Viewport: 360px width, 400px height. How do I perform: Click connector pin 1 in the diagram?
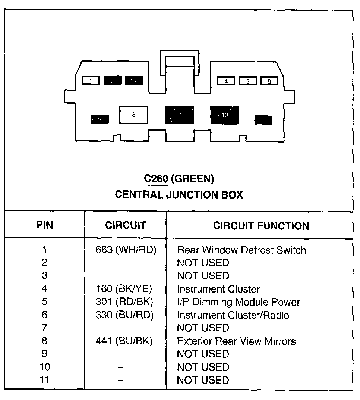click(91, 80)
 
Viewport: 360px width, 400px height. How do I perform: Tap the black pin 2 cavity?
click(113, 80)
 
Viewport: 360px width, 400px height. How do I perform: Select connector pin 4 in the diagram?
click(226, 81)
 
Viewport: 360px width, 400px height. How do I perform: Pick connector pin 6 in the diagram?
click(269, 81)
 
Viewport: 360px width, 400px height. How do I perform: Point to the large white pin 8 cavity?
click(133, 115)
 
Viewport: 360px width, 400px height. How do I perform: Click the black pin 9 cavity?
click(180, 115)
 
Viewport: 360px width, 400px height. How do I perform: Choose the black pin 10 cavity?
click(225, 115)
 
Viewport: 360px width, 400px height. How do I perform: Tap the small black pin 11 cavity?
click(263, 120)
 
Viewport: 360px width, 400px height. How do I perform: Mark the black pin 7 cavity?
click(100, 119)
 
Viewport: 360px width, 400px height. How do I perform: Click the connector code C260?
click(156, 179)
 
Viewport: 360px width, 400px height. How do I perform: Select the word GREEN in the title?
click(192, 179)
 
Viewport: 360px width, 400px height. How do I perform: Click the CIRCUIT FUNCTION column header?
click(261, 226)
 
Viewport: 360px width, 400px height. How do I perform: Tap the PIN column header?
click(45, 225)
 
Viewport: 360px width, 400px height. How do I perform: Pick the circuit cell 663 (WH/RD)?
click(126, 250)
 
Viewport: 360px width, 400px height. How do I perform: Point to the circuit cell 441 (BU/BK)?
click(124, 341)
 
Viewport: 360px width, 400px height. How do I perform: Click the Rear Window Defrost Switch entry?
click(241, 250)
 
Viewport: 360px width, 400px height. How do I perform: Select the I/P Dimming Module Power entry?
click(238, 302)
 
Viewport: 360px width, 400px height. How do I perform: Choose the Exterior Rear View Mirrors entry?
click(236, 341)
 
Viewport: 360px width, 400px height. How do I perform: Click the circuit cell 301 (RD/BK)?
click(124, 302)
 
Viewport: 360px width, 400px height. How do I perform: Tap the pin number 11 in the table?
click(45, 380)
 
